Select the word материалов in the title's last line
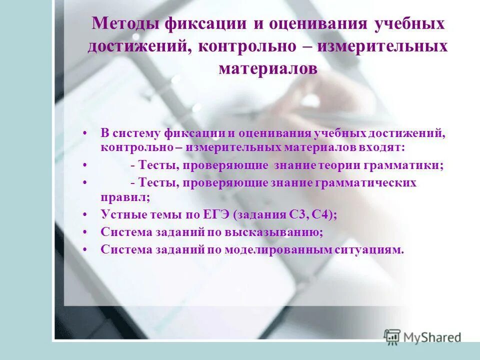click(x=268, y=68)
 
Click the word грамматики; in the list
click(x=407, y=165)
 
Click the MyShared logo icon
click(x=392, y=337)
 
